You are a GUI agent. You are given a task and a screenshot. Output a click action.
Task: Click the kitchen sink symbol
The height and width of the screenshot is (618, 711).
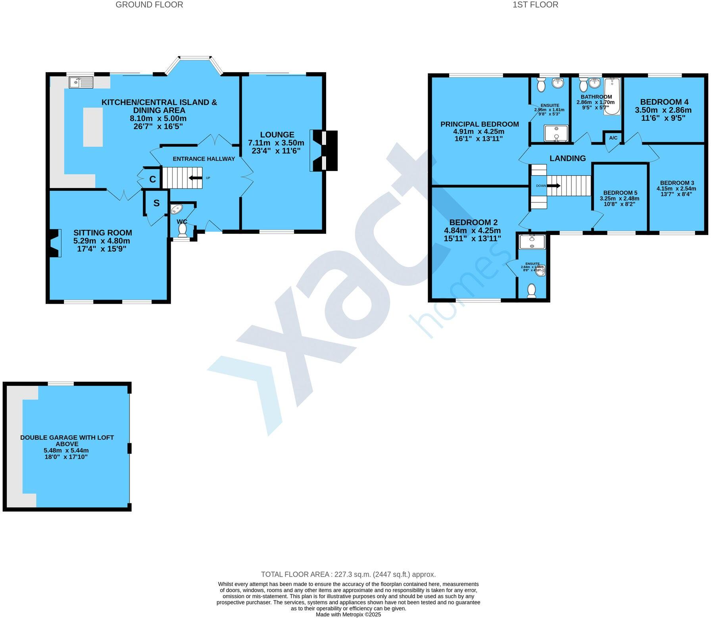point(81,83)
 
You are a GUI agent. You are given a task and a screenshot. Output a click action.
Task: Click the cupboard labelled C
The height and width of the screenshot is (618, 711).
point(152,179)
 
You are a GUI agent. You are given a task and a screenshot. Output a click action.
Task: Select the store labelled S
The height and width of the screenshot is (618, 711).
point(156,203)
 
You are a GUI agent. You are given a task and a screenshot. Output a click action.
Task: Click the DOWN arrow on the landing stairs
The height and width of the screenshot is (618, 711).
point(553,185)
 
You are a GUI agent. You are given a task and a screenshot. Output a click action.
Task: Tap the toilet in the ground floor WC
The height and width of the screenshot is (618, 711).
point(183,230)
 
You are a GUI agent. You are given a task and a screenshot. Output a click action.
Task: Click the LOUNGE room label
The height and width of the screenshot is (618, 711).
point(277,135)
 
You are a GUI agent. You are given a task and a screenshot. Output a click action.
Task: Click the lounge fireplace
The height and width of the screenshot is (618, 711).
point(325,151)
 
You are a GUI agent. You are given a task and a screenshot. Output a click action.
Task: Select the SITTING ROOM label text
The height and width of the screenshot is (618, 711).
point(102,233)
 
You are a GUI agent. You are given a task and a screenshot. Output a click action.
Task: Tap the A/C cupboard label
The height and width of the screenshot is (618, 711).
point(613,138)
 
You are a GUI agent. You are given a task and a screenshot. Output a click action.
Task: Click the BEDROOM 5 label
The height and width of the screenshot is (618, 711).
point(620,193)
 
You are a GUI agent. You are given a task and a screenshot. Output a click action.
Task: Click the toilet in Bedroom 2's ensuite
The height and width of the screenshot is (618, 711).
point(532,291)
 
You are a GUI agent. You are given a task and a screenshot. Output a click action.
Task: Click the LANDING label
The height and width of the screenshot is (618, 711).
point(567,158)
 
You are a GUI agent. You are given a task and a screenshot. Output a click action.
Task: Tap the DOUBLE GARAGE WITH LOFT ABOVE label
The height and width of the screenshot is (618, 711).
point(67,441)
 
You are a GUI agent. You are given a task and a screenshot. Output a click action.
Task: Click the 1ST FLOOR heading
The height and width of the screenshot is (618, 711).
point(535,5)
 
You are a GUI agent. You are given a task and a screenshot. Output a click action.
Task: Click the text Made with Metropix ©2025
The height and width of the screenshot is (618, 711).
point(348,614)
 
